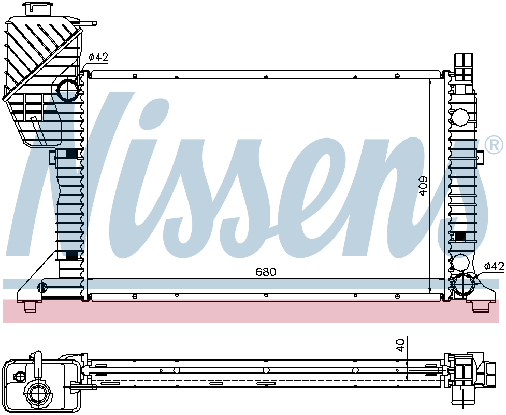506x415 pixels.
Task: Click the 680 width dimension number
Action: pos(266,272)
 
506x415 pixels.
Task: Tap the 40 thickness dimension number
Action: pos(400,345)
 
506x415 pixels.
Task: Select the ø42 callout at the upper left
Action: pos(98,58)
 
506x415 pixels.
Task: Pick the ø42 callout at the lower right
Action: pos(494,266)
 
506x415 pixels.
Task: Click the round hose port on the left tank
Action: pos(68,90)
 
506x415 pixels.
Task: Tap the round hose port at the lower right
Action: pos(465,284)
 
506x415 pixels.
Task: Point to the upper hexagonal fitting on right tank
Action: pos(460,118)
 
